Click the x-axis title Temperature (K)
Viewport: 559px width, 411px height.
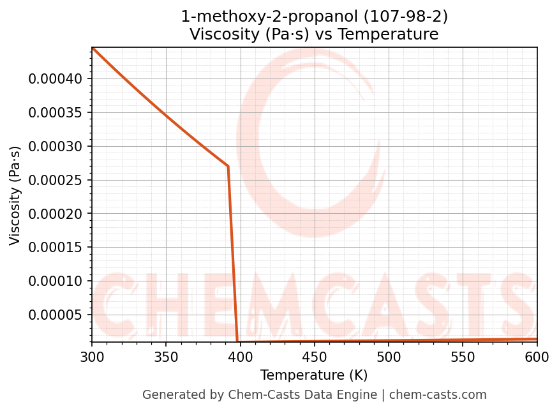(x=314, y=375)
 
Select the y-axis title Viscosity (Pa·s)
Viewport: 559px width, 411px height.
(x=15, y=195)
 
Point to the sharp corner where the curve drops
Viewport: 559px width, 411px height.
(x=228, y=166)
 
